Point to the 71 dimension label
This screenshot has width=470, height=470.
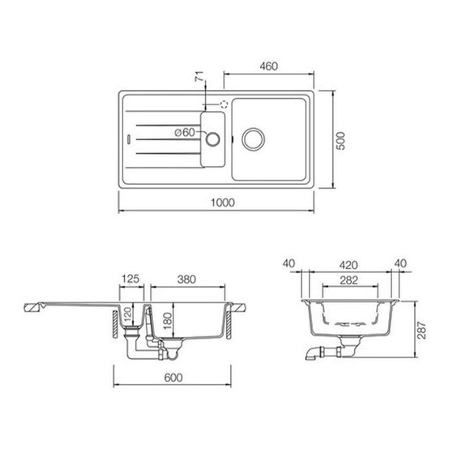196,77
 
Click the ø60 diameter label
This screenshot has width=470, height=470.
186,131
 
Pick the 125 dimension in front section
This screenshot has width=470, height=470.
130,280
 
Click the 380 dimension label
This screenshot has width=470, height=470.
188,280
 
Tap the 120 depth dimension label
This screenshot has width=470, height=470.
126,316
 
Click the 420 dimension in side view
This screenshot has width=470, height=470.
348,263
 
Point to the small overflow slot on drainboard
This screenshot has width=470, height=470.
130,138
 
